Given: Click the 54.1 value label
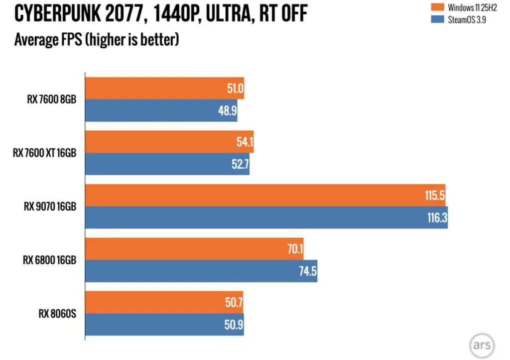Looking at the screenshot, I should (243, 142).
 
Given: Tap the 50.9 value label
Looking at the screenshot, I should (232, 325).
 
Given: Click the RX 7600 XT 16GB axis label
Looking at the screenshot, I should (44, 153).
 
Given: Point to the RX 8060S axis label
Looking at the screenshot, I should (57, 314).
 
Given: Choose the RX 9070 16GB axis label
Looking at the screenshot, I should (50, 206).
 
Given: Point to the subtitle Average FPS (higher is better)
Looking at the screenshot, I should (97, 39).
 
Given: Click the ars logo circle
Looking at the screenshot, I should (481, 345).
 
